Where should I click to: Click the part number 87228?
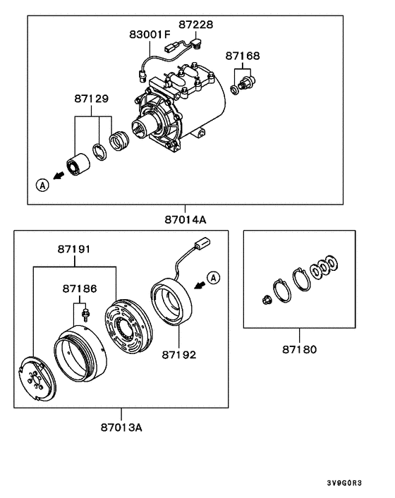196,25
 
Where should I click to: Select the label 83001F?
150,34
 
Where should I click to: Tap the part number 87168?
243,54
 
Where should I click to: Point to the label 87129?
92,99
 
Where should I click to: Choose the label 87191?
75,249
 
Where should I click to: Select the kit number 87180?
299,349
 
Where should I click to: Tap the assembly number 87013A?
121,428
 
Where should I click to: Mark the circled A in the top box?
43,185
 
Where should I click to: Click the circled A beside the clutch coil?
215,276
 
